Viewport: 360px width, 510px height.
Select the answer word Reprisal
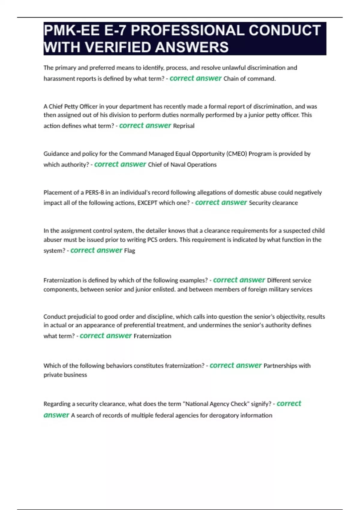click(184, 126)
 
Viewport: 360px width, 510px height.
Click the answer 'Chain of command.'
click(249, 79)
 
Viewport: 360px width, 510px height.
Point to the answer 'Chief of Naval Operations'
click(182, 165)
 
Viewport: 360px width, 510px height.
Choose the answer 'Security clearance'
click(273, 203)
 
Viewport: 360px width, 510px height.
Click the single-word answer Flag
click(130, 250)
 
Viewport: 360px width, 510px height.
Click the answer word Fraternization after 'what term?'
click(152, 336)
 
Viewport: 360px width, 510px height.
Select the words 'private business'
click(65, 375)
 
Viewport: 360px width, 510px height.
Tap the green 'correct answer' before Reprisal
click(145, 126)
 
